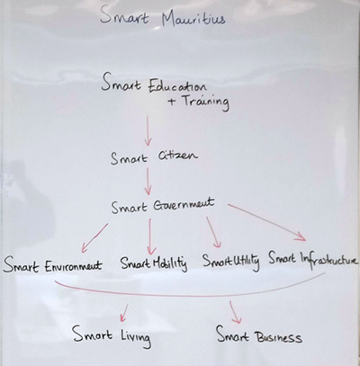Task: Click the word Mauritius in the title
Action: (193, 19)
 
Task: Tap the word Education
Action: (177, 86)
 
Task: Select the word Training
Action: (206, 102)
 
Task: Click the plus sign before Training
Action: (172, 102)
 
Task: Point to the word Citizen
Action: (178, 156)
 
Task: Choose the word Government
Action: (184, 205)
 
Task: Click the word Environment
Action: (74, 266)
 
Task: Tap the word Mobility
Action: (170, 263)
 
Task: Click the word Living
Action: (136, 337)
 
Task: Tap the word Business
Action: (278, 336)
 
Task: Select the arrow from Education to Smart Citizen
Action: (148, 131)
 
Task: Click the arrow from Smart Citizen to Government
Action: (148, 181)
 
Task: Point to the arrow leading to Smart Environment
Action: (94, 237)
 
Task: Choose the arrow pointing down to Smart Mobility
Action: (150, 237)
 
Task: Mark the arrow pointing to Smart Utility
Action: (213, 232)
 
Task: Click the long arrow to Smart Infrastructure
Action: (266, 222)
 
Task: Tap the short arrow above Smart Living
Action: (124, 313)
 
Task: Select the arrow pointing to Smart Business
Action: (235, 312)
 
